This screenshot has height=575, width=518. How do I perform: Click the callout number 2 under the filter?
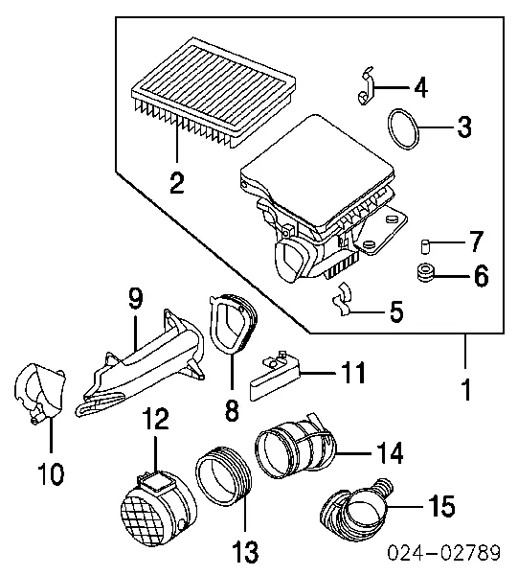(176, 183)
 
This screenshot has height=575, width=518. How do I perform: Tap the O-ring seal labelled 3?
(409, 130)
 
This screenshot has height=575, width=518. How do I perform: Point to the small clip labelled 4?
(366, 87)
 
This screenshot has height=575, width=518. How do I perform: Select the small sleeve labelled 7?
(423, 241)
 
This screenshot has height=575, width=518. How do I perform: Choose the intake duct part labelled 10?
(37, 394)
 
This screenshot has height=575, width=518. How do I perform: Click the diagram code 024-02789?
(447, 556)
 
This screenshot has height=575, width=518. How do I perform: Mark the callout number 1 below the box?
(466, 391)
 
